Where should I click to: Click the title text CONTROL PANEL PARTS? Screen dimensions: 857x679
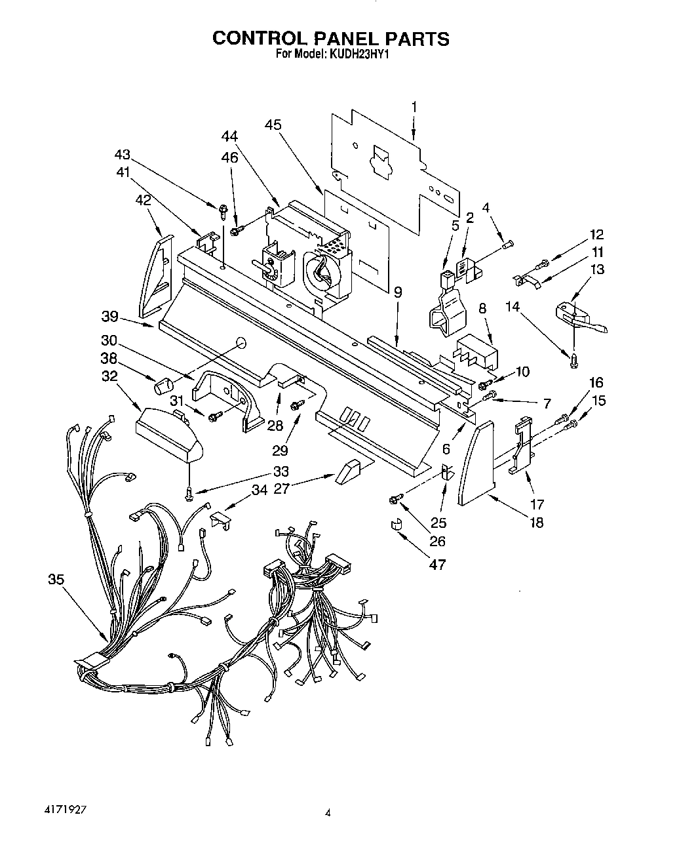330,38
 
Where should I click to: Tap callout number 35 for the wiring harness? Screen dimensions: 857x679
56,579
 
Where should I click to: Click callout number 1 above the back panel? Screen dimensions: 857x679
414,106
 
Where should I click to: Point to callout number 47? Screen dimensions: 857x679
436,564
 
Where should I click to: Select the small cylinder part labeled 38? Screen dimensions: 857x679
162,386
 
